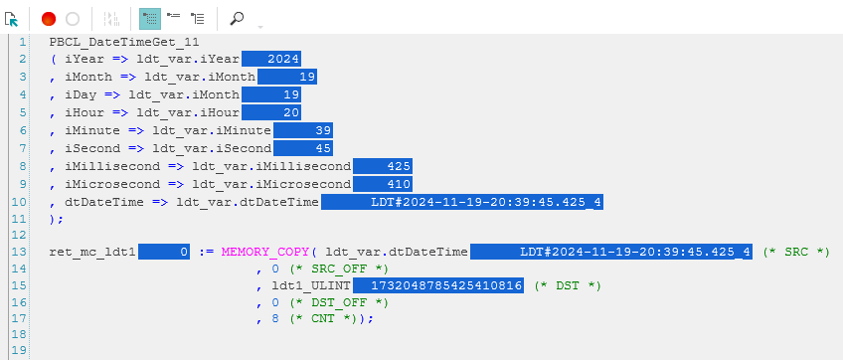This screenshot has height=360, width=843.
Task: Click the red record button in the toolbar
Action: (49, 19)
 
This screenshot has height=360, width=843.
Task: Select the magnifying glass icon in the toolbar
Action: (237, 19)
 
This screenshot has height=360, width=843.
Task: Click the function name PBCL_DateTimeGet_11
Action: (124, 42)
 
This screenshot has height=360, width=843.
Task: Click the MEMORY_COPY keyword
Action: (265, 252)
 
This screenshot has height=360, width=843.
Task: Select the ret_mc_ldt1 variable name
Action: (92, 252)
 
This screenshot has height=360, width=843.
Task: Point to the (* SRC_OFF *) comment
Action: (339, 269)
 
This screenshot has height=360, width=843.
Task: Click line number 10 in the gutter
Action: (19, 202)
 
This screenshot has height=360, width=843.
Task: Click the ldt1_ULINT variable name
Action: (311, 285)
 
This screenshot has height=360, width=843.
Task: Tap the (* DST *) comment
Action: (568, 285)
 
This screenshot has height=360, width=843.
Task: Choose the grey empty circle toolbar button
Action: (73, 19)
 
